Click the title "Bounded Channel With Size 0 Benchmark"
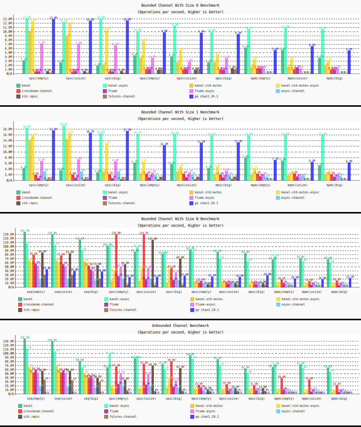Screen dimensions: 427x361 (180, 5)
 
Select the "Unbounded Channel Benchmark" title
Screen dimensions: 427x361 (180, 326)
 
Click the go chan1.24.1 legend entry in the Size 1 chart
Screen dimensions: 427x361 (206, 203)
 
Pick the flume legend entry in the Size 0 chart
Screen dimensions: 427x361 (113, 91)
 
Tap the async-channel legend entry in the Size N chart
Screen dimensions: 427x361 (294, 305)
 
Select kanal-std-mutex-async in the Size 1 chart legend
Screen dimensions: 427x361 (300, 192)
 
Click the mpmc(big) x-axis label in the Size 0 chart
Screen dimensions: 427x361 (334, 78)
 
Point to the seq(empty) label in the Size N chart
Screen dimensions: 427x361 (35, 292)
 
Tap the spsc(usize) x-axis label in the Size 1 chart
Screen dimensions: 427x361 (76, 185)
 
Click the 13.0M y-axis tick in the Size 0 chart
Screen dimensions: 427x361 (8, 19)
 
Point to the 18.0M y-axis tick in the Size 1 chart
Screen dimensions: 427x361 (8, 129)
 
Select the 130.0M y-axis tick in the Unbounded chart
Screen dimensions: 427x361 (8, 342)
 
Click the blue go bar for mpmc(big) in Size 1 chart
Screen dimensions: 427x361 (349, 172)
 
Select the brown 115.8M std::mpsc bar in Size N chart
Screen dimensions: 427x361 (153, 263)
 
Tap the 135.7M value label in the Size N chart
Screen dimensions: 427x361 (25, 231)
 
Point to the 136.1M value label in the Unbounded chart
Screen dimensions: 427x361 (25, 338)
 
